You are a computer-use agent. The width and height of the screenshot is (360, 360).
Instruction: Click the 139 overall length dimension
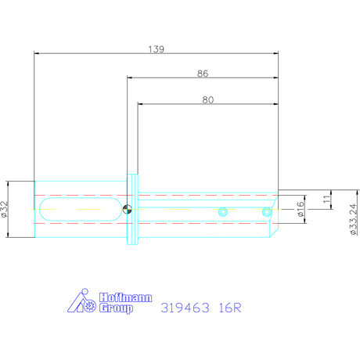(156, 49)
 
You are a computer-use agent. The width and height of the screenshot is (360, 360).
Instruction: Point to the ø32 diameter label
(7, 209)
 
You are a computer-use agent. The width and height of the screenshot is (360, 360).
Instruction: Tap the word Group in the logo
(114, 308)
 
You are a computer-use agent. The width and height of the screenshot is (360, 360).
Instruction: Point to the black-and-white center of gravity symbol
(128, 209)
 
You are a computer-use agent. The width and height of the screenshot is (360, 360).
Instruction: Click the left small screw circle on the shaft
(223, 211)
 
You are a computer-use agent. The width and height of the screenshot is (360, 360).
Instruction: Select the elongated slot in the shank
(76, 209)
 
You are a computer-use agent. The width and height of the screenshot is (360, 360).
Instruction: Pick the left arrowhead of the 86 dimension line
(131, 78)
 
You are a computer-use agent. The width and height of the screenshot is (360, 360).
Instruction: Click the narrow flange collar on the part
(132, 209)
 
